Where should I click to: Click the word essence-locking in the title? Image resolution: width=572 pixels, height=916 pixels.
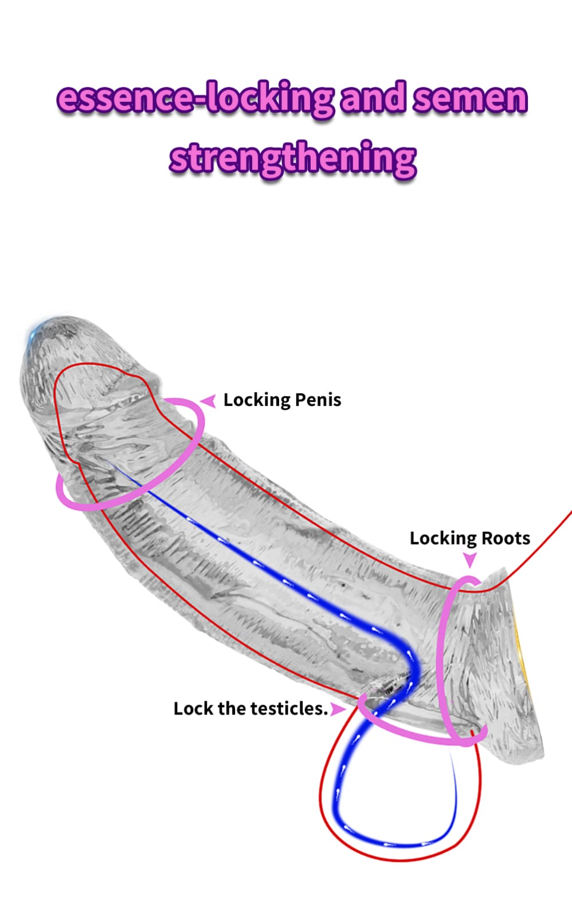click(195, 98)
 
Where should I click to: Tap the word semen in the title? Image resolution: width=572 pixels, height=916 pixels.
click(469, 98)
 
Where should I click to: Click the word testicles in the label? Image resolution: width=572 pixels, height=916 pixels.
click(289, 708)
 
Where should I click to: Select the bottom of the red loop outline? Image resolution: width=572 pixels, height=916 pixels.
click(401, 859)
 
